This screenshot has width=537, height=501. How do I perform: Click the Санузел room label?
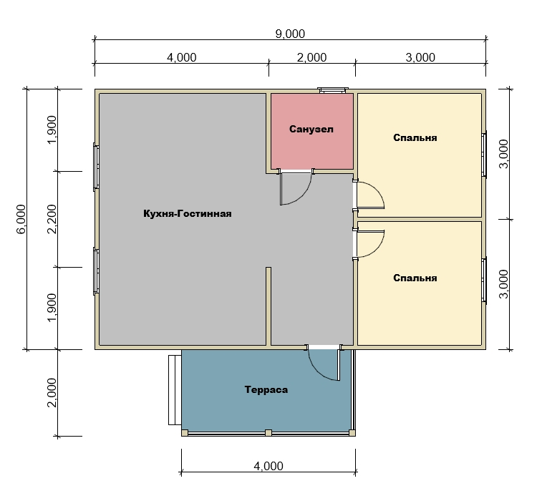tap(311, 129)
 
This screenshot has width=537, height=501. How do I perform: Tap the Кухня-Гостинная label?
tap(188, 214)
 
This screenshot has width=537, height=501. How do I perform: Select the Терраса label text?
tap(266, 389)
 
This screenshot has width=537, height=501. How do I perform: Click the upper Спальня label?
tap(415, 137)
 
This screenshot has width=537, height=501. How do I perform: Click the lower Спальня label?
tap(415, 278)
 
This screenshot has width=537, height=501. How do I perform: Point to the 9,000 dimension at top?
tap(290, 34)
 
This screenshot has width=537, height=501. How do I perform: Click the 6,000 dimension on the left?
tap(21, 219)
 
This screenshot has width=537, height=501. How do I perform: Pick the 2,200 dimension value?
tap(52, 219)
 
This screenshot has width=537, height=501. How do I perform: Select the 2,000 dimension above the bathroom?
tap(311, 57)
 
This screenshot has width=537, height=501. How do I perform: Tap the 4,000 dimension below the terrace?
tap(268, 466)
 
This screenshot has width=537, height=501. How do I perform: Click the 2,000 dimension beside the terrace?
tap(52, 392)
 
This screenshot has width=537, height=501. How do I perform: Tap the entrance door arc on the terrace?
tap(316, 370)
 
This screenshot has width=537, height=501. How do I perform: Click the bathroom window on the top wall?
tap(332, 90)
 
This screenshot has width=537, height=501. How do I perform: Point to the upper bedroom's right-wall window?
tap(484, 155)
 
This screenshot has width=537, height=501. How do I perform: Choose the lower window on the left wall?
tap(96, 271)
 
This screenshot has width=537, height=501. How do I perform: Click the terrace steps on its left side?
tap(175, 389)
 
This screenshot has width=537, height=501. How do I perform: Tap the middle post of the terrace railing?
tap(268, 433)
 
